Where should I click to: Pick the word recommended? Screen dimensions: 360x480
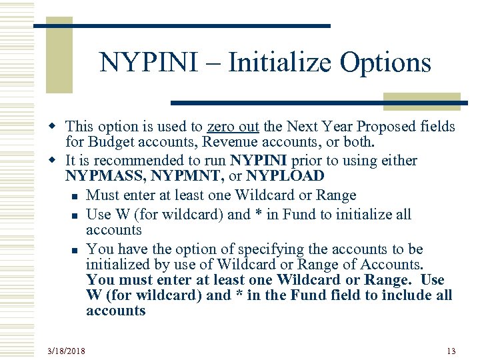pyautogui.click(x=141, y=161)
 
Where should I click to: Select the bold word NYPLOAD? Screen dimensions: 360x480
pyautogui.click(x=285, y=177)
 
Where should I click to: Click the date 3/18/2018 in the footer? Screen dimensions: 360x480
pyautogui.click(x=67, y=351)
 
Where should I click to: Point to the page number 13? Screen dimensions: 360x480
pyautogui.click(x=451, y=351)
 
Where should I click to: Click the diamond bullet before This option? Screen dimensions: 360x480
pyautogui.click(x=58, y=127)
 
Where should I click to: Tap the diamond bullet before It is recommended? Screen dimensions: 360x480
pyautogui.click(x=58, y=161)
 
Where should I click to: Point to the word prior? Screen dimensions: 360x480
pyautogui.click(x=325, y=161)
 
